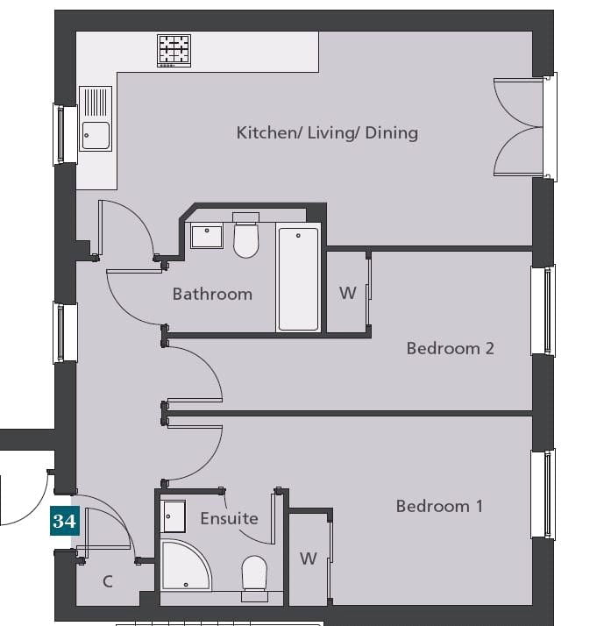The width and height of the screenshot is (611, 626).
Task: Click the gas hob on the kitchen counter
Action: [x=174, y=51]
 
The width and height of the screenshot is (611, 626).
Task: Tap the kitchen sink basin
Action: [x=96, y=136]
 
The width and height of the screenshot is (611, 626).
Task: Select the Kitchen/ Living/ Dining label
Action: [x=327, y=132]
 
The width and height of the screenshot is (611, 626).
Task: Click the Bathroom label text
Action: [x=212, y=295]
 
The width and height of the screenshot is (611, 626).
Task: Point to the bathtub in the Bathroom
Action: [x=298, y=278]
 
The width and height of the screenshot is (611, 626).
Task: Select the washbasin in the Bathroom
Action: [x=207, y=236]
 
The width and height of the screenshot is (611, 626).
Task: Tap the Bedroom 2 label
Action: [x=451, y=348]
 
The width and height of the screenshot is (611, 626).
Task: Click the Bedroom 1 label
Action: [x=439, y=506]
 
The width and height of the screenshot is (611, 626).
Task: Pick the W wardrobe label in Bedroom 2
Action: [x=348, y=293]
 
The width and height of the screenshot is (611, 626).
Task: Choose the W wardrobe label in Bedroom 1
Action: [x=309, y=558]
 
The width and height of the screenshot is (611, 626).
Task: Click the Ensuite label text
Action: [x=229, y=519]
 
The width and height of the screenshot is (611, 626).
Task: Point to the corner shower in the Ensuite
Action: [x=186, y=565]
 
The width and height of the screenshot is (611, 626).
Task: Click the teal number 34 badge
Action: [x=65, y=521]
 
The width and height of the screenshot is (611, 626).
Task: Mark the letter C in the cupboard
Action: [x=108, y=581]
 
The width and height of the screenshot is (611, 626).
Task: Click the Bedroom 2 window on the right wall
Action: [x=544, y=309]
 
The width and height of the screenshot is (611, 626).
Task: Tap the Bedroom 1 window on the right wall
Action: [x=544, y=494]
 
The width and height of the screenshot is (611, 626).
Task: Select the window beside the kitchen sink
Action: [x=65, y=134]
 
